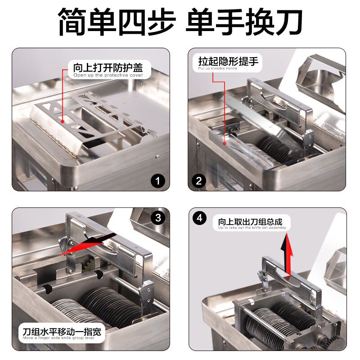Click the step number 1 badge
(x=157, y=181)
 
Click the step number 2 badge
(x=198, y=181)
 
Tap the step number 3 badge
(x=157, y=218)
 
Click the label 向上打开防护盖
(x=108, y=68)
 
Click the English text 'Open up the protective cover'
(x=108, y=76)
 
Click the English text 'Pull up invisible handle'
(x=218, y=68)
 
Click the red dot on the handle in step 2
(x=224, y=143)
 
